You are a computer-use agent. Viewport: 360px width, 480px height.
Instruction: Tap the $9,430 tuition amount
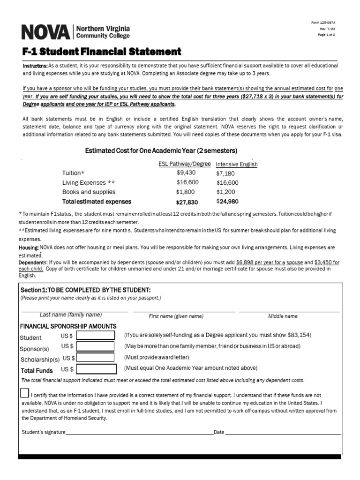click(x=186, y=172)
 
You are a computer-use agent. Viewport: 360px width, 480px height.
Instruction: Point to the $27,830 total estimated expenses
click(x=185, y=202)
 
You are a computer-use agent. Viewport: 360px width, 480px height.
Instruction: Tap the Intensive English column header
click(x=236, y=165)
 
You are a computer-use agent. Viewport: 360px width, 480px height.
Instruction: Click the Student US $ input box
click(x=96, y=335)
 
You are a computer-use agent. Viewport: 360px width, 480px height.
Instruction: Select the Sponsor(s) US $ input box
click(x=96, y=346)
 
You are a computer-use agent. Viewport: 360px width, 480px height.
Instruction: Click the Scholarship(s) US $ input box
click(x=96, y=357)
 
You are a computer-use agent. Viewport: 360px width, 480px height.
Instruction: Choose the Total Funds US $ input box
click(x=96, y=369)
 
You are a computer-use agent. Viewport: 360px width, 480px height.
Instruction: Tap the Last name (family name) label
click(x=71, y=315)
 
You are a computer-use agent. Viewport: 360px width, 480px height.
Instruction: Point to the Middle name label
click(x=283, y=316)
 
